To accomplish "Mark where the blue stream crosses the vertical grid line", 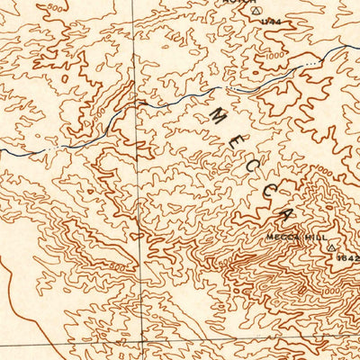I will [137, 108].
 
